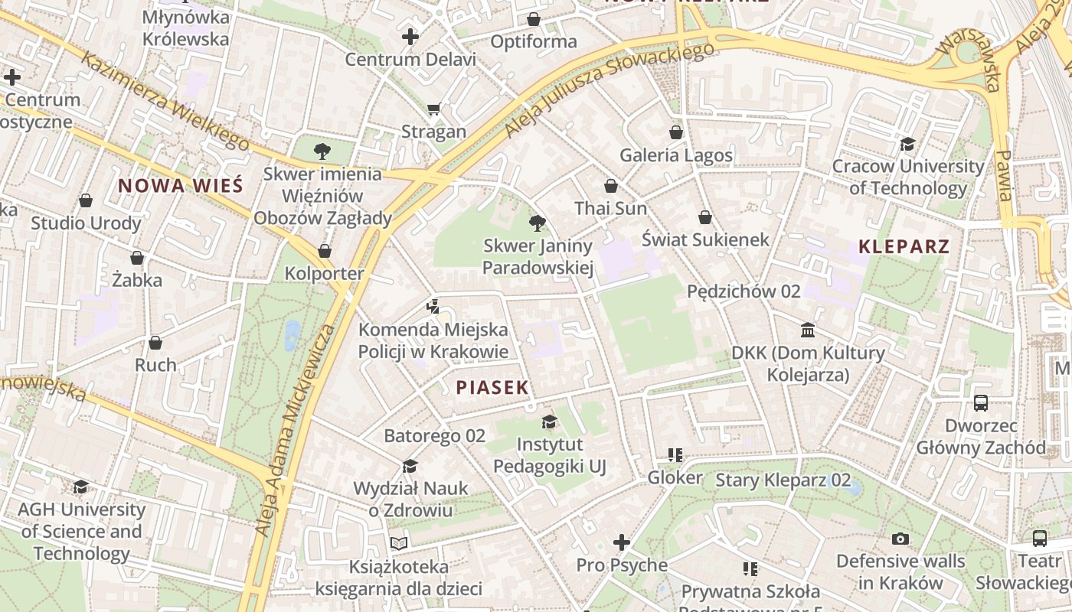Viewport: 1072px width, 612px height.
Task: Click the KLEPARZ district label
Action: tap(904, 246)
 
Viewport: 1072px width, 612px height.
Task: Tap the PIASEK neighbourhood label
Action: tap(492, 387)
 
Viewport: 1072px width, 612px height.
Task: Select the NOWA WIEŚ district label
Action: tap(180, 185)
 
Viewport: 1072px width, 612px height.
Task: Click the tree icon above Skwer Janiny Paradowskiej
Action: tap(538, 223)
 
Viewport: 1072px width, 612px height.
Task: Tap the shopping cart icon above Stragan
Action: tap(434, 109)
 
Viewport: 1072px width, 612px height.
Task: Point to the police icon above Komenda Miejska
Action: tap(433, 307)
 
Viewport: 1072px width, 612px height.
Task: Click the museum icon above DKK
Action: tap(807, 330)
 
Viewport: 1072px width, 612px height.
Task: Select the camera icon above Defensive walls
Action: tap(900, 539)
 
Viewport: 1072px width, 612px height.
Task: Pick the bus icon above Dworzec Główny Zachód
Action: tap(980, 402)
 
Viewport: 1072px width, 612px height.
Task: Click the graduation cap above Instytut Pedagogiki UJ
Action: tap(549, 422)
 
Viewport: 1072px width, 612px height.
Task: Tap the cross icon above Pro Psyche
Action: tap(622, 542)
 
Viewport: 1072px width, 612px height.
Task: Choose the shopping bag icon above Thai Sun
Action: tap(610, 186)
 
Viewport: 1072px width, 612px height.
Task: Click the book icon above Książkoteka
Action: tap(398, 543)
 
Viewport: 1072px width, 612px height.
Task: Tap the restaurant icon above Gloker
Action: tap(675, 455)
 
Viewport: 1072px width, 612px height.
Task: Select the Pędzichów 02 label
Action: tap(743, 291)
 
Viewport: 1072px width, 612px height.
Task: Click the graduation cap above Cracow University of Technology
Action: tap(907, 144)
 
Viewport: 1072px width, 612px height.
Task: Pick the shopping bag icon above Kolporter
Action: tap(325, 251)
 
